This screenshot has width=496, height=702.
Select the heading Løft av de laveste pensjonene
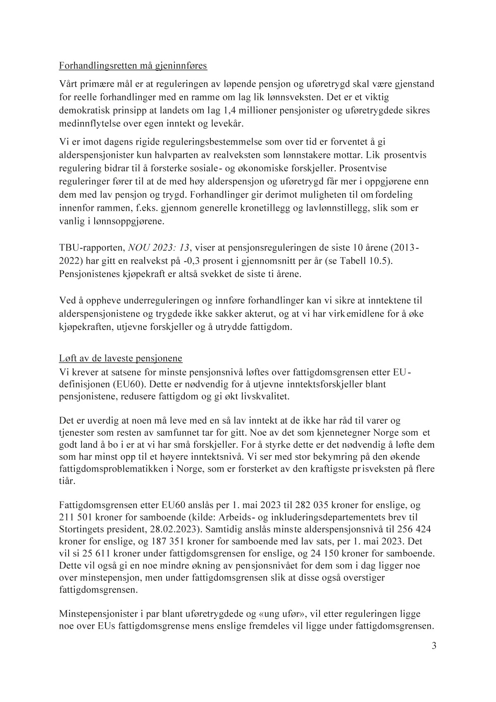(121, 358)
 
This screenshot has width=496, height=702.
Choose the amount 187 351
(139, 542)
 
